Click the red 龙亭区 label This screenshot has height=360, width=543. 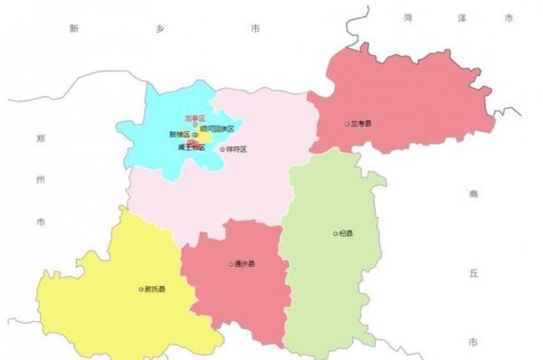click(195, 118)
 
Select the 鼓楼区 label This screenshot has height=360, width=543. click(179, 135)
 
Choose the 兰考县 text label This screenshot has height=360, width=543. click(363, 124)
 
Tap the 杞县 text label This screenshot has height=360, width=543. click(346, 233)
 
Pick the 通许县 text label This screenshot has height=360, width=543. click(245, 264)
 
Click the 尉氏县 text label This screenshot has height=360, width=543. click(156, 289)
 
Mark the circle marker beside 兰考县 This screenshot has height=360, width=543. click(347, 124)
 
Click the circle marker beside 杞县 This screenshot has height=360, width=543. click(334, 233)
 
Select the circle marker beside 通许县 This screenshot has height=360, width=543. click(231, 264)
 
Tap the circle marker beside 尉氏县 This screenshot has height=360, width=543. click(141, 289)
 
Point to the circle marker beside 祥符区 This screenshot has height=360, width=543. click(223, 149)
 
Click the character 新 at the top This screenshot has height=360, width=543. click(74, 28)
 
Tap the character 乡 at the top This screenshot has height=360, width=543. click(160, 28)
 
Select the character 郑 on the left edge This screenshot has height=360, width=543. click(40, 138)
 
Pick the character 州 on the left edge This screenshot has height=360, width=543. click(40, 180)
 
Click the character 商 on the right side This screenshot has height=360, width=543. click(473, 194)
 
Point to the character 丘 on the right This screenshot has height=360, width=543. click(473, 270)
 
